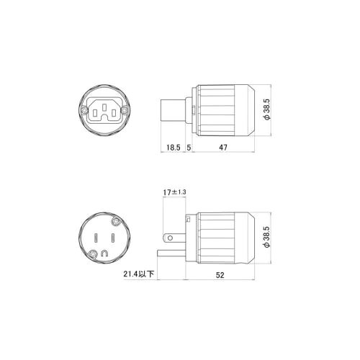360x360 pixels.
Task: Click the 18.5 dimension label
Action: [174, 148]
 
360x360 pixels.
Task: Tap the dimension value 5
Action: [189, 148]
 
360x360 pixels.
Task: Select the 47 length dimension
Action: [223, 148]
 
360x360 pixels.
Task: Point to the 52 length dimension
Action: [220, 275]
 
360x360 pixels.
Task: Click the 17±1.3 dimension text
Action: [174, 192]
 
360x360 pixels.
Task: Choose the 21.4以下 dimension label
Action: [139, 274]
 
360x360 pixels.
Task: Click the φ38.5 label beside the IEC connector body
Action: [267, 109]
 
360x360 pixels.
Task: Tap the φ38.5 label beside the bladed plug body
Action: [267, 237]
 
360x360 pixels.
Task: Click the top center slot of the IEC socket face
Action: [104, 107]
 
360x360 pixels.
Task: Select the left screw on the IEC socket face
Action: [84, 110]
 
